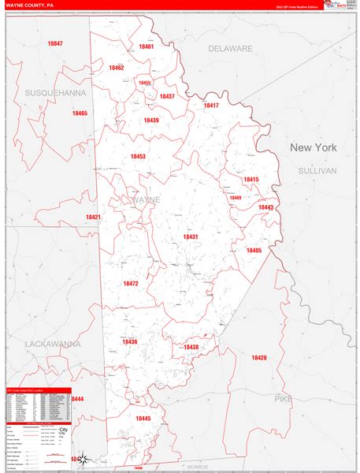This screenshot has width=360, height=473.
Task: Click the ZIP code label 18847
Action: pos(55,43)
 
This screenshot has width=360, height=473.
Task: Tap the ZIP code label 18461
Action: pos(146,47)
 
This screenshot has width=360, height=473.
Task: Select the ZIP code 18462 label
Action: pos(117,68)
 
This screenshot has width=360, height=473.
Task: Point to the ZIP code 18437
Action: pos(167,96)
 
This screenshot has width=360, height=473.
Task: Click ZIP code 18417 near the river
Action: pos(211,105)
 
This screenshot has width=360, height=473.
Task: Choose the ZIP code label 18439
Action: pos(151,120)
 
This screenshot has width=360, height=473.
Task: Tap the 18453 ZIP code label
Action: pos(138,156)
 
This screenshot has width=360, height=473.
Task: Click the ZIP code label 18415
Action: pos(251,179)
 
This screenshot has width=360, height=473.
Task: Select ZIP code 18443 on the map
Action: pos(265,207)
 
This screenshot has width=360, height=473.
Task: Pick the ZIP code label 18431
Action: pos(191,236)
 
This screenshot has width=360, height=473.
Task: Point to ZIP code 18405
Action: pos(254,250)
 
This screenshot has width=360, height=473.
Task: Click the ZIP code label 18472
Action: pos(131,283)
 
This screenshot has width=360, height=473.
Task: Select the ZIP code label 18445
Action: pos(143,419)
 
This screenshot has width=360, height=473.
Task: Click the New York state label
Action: pos(313,147)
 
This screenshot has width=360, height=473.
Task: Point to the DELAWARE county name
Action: pos(230,48)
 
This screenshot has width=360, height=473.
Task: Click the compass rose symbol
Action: pos(87,457)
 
